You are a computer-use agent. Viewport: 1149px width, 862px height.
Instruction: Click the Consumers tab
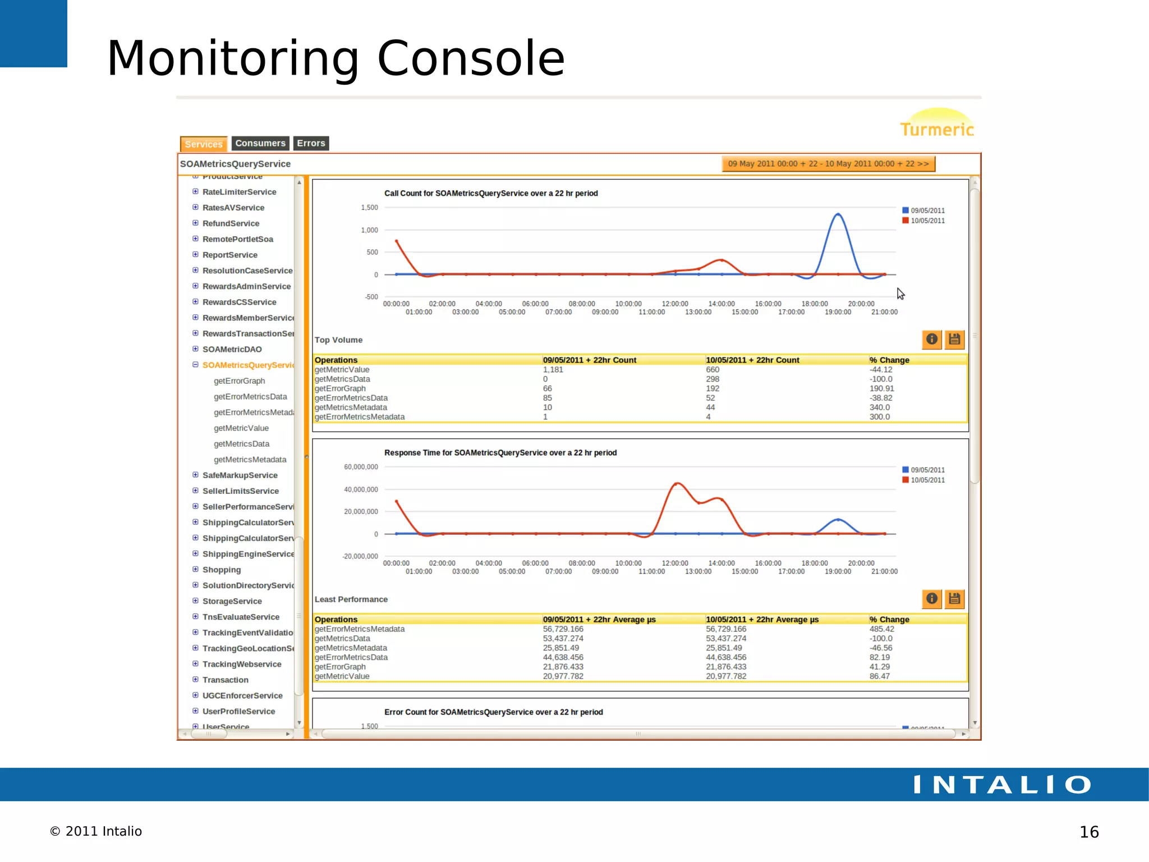[x=260, y=144]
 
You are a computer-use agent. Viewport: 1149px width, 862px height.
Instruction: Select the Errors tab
[x=311, y=144]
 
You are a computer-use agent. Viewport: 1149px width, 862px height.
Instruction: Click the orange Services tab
[x=204, y=144]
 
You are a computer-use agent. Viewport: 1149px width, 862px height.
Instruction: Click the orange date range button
[x=828, y=164]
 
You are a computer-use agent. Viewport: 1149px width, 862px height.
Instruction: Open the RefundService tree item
[x=231, y=223]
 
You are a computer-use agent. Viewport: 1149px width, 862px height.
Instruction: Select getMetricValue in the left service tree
[x=241, y=428]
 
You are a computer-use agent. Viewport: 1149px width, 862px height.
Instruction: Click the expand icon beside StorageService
[x=195, y=600]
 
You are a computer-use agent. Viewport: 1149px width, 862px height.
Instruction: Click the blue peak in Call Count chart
[x=838, y=214]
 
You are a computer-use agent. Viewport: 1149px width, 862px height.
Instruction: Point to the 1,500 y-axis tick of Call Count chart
[x=369, y=208]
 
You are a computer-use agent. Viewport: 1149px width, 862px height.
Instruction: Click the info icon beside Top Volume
[x=931, y=339]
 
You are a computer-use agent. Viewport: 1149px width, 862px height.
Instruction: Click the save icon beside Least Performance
[x=954, y=599]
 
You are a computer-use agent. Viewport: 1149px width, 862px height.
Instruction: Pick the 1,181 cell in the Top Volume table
[x=553, y=370]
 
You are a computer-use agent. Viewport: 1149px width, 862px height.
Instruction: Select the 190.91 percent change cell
[x=881, y=388]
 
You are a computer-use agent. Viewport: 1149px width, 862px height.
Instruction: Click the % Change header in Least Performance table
[x=889, y=620]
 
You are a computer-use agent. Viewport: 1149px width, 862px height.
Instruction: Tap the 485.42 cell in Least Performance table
[x=881, y=629]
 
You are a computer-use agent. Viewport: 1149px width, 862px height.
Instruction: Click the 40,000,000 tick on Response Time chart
[x=361, y=489]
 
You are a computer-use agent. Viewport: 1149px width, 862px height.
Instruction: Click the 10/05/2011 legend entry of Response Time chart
[x=927, y=480]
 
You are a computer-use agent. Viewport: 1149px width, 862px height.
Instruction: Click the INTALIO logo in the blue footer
[x=1002, y=785]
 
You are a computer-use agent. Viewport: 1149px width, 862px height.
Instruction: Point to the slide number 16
[x=1088, y=832]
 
